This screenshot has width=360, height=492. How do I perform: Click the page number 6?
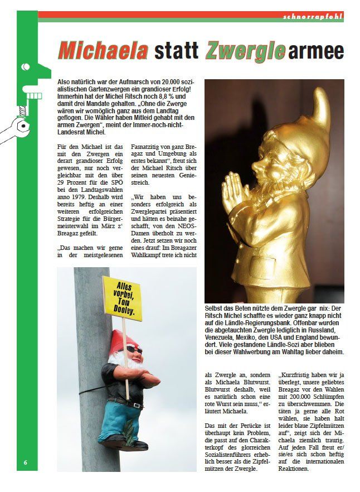pos(26,462)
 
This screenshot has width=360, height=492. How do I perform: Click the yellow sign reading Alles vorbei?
pos(121,298)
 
